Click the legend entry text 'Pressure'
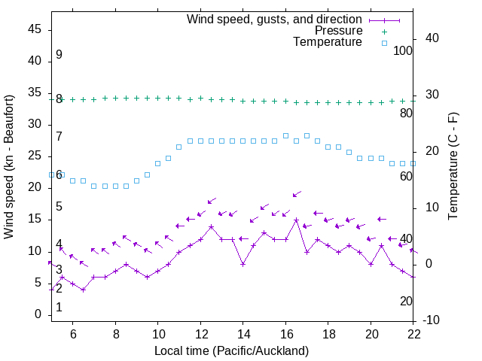(x=339, y=31)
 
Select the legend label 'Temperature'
(x=328, y=42)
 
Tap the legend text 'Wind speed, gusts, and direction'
(x=275, y=20)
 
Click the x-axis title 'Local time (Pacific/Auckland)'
(x=232, y=350)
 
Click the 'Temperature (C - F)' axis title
(x=453, y=167)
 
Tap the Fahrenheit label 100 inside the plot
(x=404, y=51)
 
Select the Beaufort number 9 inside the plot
(x=59, y=55)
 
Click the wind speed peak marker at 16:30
(x=297, y=220)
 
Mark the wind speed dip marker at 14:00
(x=243, y=264)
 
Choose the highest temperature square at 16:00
(x=285, y=135)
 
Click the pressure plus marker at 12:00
(x=200, y=98)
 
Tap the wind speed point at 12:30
(x=212, y=226)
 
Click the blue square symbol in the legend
(x=383, y=43)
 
